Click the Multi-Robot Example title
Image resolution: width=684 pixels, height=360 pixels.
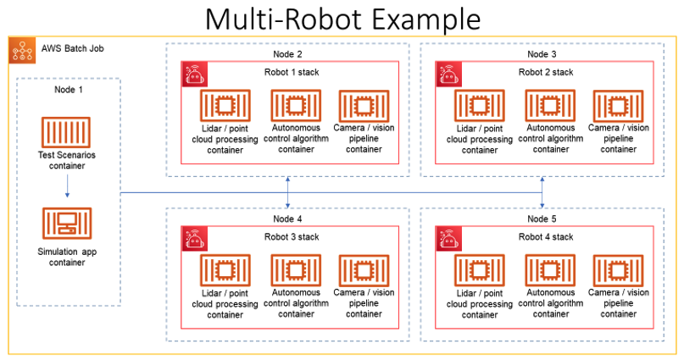tap(342, 18)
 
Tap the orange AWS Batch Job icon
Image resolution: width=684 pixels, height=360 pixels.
tap(22, 51)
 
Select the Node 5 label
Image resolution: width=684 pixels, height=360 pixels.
tap(542, 219)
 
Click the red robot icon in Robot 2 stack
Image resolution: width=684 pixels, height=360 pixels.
tap(448, 75)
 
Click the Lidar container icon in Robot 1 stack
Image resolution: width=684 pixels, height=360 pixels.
tap(224, 107)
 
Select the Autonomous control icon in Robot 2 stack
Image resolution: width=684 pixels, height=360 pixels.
tap(550, 105)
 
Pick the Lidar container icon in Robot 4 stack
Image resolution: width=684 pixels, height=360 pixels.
tap(479, 270)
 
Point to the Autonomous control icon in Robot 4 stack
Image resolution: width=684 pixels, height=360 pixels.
tap(550, 269)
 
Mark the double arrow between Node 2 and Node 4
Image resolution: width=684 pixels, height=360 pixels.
tap(290, 192)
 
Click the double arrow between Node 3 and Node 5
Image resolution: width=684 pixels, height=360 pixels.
tap(542, 192)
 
